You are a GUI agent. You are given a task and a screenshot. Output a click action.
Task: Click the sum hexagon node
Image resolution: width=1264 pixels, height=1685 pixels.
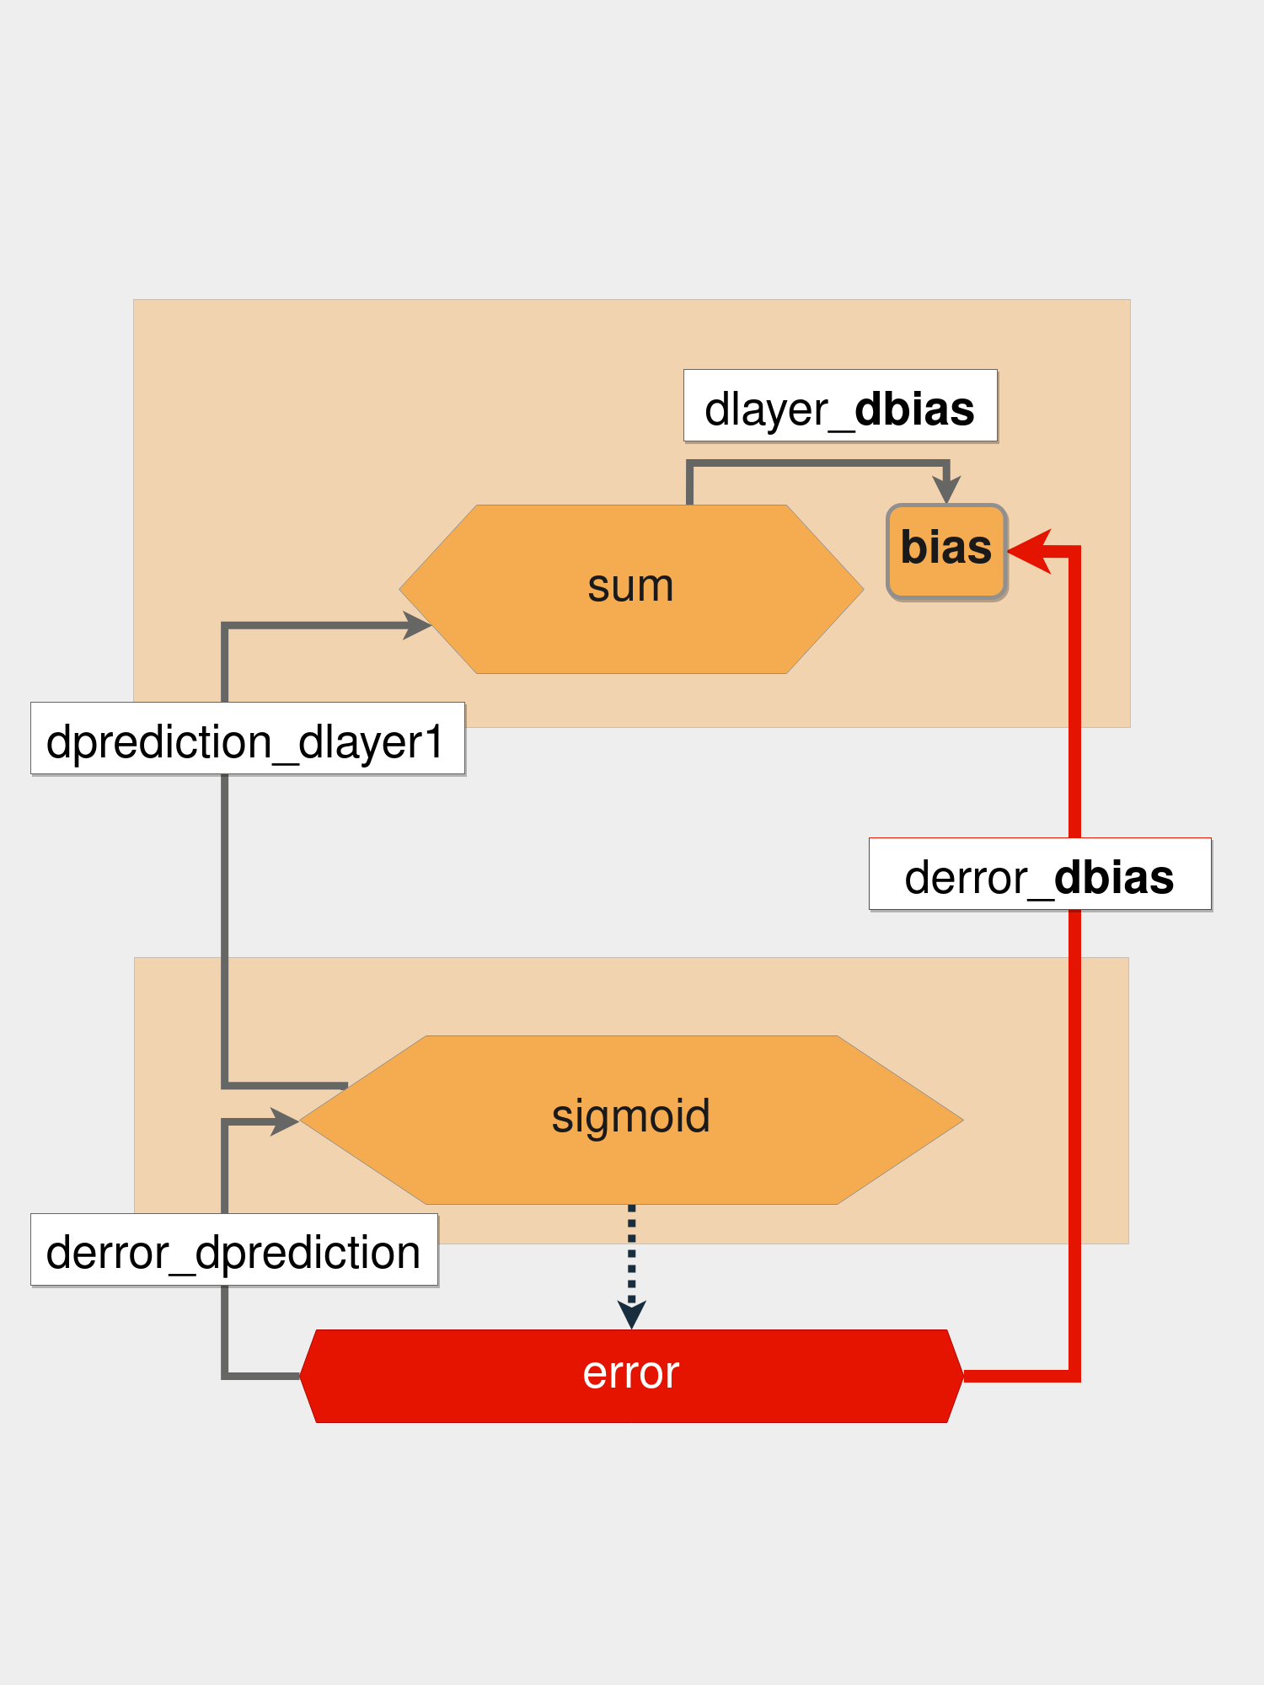pos(631,589)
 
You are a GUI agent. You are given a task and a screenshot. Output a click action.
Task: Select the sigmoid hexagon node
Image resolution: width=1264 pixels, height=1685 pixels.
pos(631,1120)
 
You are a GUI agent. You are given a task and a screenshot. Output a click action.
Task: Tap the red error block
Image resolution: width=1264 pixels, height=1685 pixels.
pos(631,1376)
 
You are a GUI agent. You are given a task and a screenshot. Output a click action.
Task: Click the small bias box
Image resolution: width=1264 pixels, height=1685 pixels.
pos(946,552)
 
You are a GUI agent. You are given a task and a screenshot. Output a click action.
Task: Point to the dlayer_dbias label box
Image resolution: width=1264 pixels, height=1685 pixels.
pos(840,405)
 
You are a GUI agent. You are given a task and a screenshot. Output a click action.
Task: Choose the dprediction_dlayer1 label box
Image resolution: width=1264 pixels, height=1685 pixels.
pos(248,738)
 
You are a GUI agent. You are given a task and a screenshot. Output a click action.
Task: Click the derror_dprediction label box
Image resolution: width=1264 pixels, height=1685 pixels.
pos(234,1249)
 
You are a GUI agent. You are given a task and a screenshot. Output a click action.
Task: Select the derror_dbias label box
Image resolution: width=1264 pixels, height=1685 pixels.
pos(1040,874)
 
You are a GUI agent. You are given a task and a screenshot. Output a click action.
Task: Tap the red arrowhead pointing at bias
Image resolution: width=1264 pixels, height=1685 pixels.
pos(1030,551)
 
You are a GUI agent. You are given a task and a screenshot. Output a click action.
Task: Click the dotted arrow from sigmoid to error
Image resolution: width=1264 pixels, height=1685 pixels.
pos(632,1255)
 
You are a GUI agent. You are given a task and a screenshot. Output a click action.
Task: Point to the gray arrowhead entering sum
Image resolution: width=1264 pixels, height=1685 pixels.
pos(417,625)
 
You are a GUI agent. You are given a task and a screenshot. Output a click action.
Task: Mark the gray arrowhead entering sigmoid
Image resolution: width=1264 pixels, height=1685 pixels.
pos(285,1121)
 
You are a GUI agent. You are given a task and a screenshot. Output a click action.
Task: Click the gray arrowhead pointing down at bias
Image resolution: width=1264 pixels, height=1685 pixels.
pos(946,489)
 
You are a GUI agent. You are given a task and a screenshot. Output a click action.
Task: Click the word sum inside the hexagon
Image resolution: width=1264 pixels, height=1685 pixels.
pos(630,586)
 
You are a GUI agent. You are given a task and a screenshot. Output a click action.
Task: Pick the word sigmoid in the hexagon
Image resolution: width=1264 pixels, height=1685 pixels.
pos(630,1116)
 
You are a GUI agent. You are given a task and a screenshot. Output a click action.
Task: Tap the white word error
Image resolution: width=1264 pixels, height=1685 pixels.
pos(630,1373)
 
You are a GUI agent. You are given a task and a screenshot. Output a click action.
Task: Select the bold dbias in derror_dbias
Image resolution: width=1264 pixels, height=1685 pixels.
pos(1113,877)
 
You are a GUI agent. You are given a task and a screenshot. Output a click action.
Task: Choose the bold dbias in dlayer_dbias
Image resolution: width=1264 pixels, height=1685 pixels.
pos(914,409)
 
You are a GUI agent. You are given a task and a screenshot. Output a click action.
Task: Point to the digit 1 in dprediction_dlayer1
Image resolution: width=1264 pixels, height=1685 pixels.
pos(433,742)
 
